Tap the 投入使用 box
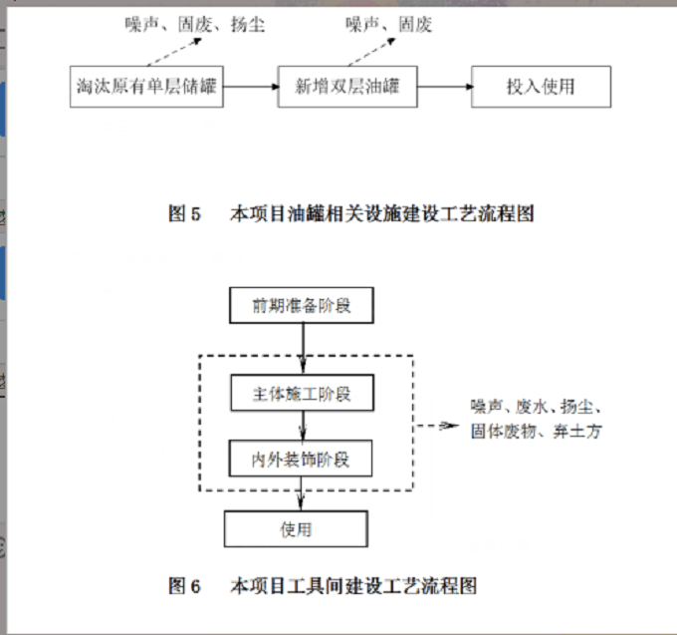coord(541,87)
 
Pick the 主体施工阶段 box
coord(302,394)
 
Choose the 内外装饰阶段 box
coord(302,460)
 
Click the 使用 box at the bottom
coord(296,528)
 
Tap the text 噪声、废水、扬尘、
coord(537,408)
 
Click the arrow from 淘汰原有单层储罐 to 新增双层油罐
coord(250,87)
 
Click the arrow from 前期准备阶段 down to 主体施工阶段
coord(302,349)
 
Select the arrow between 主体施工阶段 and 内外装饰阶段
coord(302,427)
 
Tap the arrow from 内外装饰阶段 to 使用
coord(302,493)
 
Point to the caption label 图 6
coord(185,585)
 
